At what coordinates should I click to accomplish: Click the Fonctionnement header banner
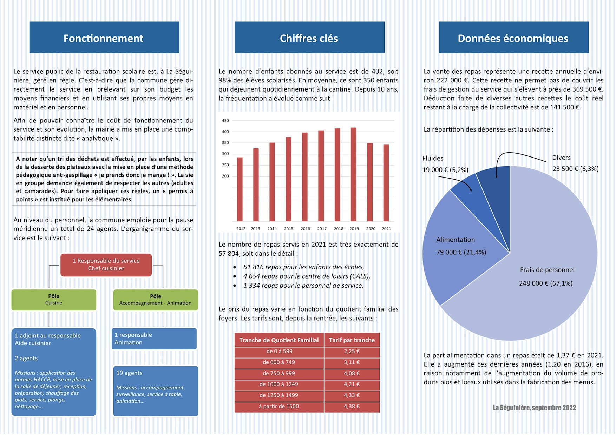pos(104,38)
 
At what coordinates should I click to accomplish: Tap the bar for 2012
pos(240,189)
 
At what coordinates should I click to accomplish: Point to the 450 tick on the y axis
pos(225,121)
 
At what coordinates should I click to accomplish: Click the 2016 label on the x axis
pos(305,229)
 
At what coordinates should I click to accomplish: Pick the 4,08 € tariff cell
pos(352,373)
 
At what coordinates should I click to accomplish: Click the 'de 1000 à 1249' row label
pos(279,384)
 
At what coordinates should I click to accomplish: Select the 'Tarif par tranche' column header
pos(352,340)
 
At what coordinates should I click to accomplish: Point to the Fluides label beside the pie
pos(433,158)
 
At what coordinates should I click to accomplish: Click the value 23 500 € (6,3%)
pos(575,169)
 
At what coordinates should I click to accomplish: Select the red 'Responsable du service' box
pos(106,265)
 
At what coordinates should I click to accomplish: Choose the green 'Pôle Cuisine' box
pos(54,300)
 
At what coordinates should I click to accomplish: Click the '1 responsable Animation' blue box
pos(154,339)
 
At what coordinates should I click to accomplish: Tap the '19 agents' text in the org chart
pos(129,373)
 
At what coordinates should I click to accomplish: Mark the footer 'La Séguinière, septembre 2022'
pos(534,408)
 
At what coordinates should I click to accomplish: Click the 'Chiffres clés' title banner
pos(309,38)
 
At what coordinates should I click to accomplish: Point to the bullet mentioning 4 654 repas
pos(307,276)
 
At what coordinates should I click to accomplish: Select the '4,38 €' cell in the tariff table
pos(352,406)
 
